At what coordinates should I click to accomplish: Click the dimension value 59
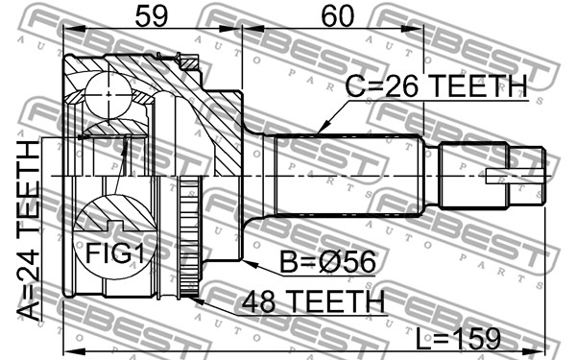[152, 16]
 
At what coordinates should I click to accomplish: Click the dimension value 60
[338, 16]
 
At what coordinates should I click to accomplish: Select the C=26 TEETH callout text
[437, 85]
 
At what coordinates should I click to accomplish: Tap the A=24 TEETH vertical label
[29, 230]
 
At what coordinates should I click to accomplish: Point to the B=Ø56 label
[328, 261]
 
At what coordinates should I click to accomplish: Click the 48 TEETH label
[313, 301]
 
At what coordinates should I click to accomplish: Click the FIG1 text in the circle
[115, 253]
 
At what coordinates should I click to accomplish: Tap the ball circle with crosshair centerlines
[108, 95]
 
